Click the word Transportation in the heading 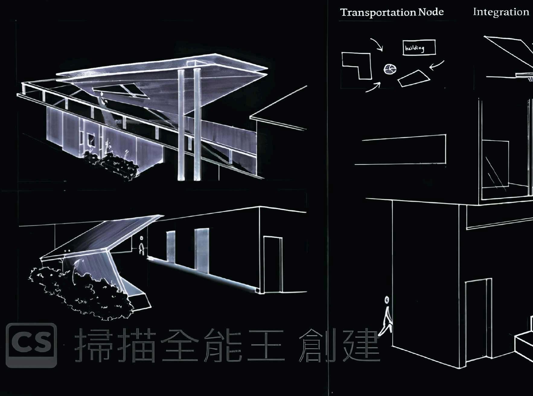tap(378, 12)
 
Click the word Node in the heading tap(431, 12)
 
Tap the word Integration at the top tap(501, 12)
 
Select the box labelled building tap(419, 48)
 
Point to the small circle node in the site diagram tap(390, 69)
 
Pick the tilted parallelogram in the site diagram tap(413, 78)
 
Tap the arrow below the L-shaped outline tap(373, 87)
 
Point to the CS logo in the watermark tap(31, 345)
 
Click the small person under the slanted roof tap(141, 246)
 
